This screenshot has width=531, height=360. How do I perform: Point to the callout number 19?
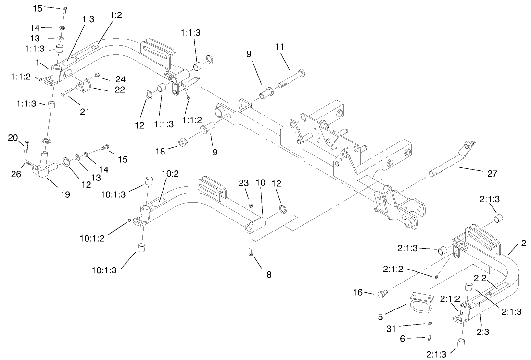point(65,194)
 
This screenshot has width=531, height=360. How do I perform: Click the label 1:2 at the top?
point(115,15)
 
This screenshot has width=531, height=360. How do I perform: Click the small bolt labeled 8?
point(251,252)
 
